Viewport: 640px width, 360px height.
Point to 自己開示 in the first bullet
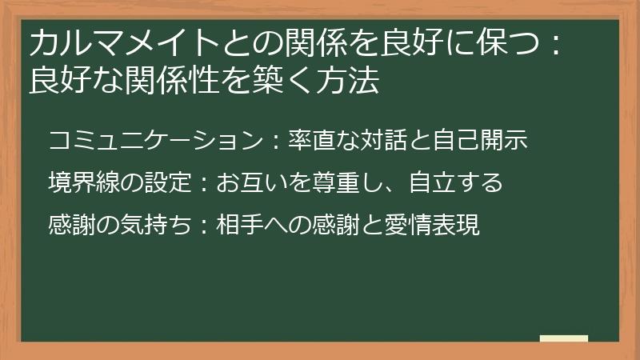487,141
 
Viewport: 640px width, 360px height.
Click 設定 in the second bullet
166,183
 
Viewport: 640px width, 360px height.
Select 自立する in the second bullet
454,183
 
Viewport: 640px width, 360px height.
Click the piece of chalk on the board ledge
564,339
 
